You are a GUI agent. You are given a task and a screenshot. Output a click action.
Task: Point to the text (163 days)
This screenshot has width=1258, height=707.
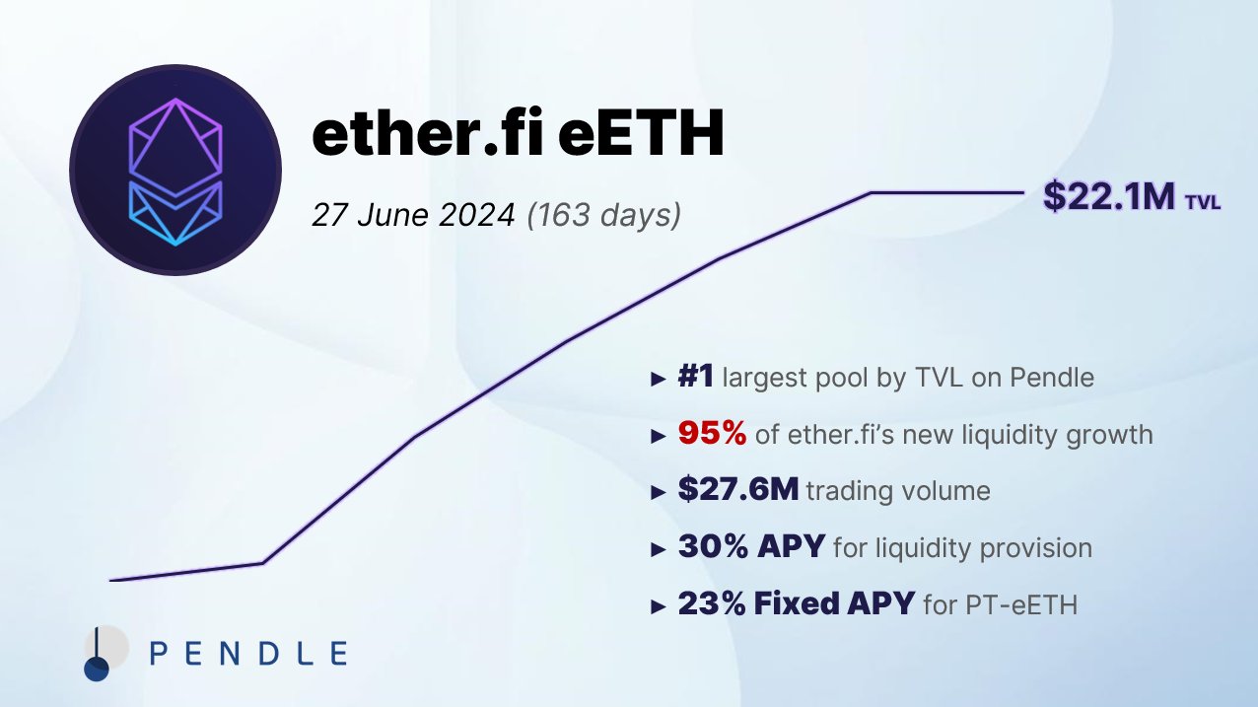tap(603, 214)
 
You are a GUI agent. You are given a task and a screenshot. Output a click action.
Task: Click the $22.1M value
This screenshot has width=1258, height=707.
tap(1108, 196)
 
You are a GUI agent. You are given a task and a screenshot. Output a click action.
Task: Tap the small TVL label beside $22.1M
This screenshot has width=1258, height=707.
tap(1203, 203)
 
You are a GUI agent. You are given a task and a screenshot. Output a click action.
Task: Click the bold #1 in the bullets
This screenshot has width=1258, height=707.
tap(696, 378)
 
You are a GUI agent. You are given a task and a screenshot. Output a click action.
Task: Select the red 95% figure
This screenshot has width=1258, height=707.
tap(712, 434)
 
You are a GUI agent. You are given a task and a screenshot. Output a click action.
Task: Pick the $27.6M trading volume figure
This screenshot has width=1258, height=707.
tap(737, 490)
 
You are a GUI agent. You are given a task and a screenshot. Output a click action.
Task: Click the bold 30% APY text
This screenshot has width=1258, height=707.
tap(750, 546)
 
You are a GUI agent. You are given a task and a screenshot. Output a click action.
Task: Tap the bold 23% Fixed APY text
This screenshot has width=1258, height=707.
tap(796, 603)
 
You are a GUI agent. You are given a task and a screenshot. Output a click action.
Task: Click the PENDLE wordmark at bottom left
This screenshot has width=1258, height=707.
tap(247, 653)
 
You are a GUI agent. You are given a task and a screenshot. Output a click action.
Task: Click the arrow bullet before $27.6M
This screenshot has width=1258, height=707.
tap(659, 492)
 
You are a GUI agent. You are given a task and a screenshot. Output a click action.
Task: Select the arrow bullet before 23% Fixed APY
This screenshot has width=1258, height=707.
tap(659, 605)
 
